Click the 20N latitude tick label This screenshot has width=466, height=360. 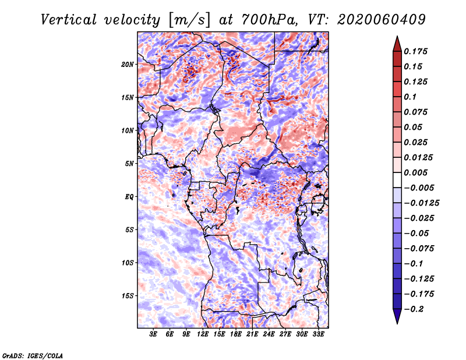coord(127,65)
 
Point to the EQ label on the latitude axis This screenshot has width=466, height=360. coord(129,197)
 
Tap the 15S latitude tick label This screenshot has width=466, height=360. coord(127,296)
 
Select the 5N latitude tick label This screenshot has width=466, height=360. coord(129,164)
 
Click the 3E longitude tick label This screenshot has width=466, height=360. coord(153,334)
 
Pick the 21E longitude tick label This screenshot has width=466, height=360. coord(252,334)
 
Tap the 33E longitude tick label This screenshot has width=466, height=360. coord(318,334)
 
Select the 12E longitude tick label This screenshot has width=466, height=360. coord(202,334)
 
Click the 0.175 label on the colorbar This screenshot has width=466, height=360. coord(415,51)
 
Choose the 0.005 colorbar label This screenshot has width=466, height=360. coord(415,172)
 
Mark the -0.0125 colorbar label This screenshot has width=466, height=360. coord(421,203)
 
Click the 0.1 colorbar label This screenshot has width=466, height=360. coord(410,97)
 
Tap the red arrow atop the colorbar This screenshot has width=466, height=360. coord(397,44)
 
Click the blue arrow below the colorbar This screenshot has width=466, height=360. coord(397,316)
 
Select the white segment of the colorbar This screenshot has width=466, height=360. coord(397,180)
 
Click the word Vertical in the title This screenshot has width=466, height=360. coord(69,20)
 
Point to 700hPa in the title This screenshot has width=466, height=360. coord(269,20)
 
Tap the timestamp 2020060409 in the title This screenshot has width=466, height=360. coord(382,20)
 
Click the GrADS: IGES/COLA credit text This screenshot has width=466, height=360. coord(33,355)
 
